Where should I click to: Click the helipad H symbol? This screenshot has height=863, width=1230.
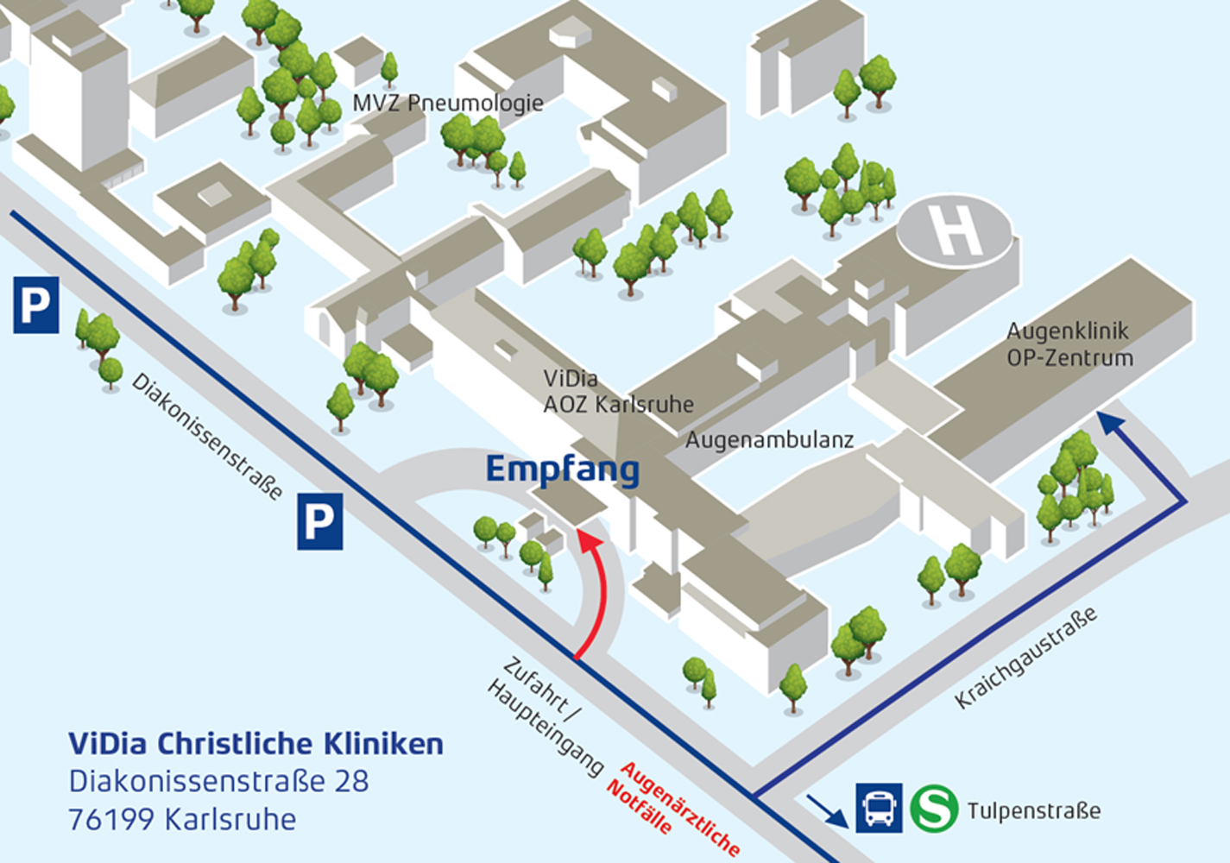[x=956, y=230]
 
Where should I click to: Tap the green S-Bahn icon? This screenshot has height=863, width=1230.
[x=934, y=809]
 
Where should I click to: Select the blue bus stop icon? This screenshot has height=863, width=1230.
[x=879, y=809]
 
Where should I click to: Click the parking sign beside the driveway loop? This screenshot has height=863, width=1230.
[x=319, y=521]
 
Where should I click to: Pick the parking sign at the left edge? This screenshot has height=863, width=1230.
[x=35, y=305]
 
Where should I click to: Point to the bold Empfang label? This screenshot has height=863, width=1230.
[x=562, y=469]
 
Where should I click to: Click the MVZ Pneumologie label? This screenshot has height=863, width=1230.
[x=447, y=103]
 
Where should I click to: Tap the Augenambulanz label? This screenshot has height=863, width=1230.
[x=769, y=440]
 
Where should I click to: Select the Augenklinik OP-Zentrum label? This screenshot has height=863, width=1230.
[x=1069, y=344]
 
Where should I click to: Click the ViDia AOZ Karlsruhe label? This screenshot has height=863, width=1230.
[x=617, y=392]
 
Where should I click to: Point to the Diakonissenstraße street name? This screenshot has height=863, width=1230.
[x=207, y=436]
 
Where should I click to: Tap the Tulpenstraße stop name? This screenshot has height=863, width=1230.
[x=1033, y=811]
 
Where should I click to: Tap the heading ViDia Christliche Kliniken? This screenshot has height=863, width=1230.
[x=255, y=744]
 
